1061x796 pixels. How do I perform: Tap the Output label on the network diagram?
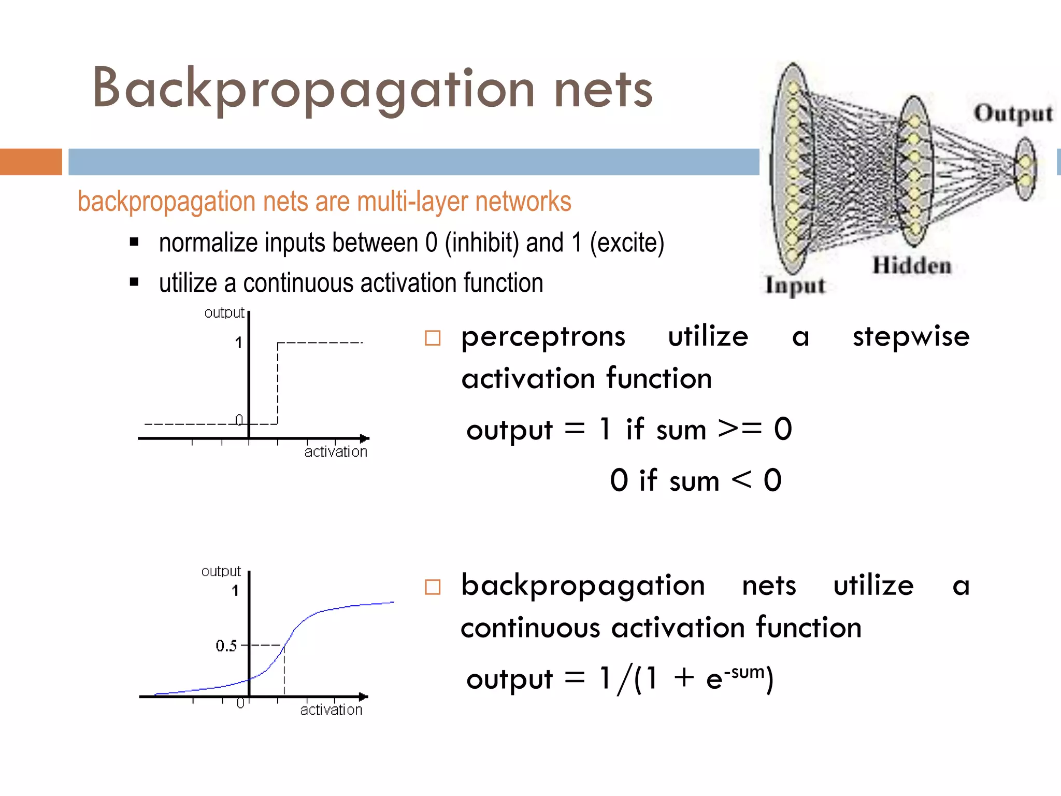[1013, 113]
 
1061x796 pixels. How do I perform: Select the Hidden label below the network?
[912, 266]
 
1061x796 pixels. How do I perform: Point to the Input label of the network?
[795, 286]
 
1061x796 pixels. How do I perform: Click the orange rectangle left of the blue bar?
[31, 162]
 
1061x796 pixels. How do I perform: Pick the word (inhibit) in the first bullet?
[482, 243]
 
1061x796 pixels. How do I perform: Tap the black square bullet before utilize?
[134, 282]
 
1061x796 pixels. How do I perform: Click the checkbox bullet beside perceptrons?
[433, 338]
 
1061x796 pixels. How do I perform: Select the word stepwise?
[911, 337]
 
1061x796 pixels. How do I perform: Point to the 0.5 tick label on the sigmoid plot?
[226, 646]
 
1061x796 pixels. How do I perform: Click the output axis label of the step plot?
[224, 312]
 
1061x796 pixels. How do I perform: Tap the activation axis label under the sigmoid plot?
[331, 710]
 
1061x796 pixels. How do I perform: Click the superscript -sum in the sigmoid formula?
[744, 672]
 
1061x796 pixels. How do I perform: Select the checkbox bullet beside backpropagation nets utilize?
[433, 587]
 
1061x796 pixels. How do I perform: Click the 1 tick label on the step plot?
[238, 343]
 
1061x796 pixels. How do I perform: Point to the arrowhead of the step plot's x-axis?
[365, 438]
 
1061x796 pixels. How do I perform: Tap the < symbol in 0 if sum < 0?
[741, 479]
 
